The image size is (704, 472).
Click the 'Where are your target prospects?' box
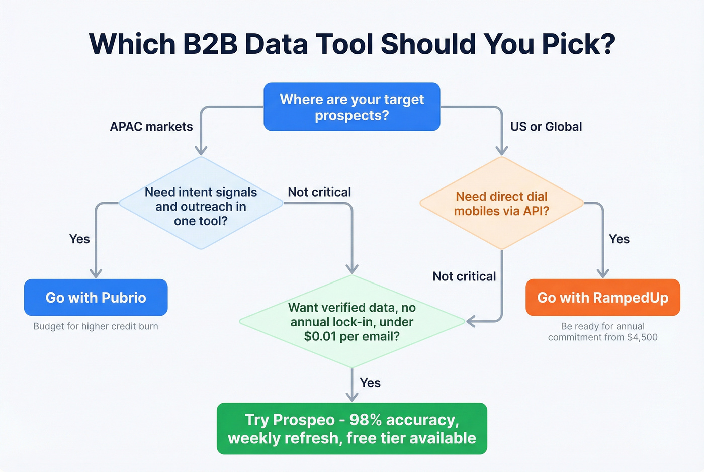point(351,107)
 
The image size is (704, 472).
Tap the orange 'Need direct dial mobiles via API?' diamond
point(501,204)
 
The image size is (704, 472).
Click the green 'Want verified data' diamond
point(351,322)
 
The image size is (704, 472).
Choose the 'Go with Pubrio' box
point(96,298)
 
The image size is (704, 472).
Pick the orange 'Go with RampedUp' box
point(602,298)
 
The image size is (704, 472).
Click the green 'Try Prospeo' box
point(351,429)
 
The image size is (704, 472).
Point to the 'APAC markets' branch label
point(151,127)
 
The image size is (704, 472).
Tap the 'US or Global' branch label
point(546,127)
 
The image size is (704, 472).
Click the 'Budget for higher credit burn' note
point(96,326)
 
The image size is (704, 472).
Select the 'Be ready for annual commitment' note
point(602,332)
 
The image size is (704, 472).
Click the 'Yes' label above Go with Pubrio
point(79,239)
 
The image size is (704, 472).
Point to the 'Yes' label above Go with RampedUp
point(619,239)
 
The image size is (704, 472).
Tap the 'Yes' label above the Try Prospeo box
point(370,383)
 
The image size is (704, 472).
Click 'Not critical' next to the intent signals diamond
point(319,192)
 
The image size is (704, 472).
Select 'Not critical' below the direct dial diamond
point(464,276)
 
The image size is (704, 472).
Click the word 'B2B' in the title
point(210,44)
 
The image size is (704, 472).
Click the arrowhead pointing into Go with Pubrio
point(96,273)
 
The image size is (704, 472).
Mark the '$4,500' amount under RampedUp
point(642,337)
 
